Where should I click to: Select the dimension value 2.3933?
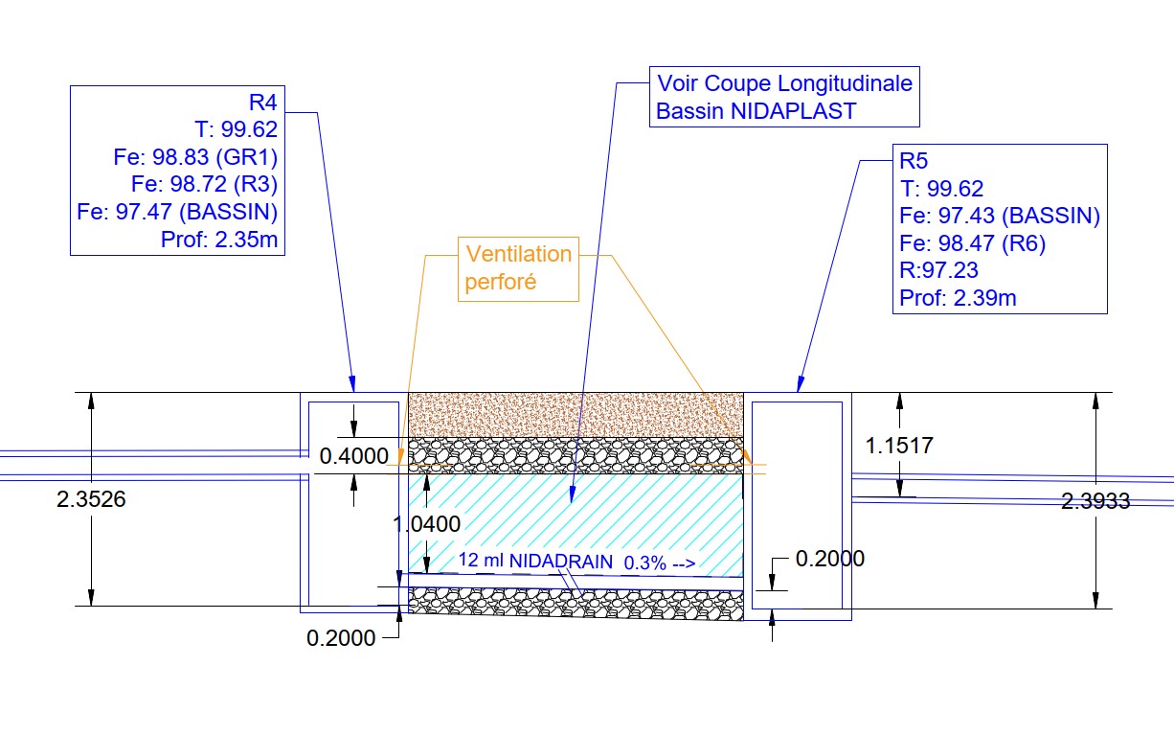click(x=1095, y=500)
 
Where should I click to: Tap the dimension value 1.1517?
click(x=899, y=446)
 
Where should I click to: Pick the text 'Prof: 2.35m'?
click(x=220, y=239)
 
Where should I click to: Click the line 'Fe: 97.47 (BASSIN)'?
click(x=178, y=211)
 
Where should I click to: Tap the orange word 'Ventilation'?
click(x=518, y=255)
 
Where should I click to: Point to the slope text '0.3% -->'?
click(x=659, y=563)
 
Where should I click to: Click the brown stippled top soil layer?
click(x=575, y=415)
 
